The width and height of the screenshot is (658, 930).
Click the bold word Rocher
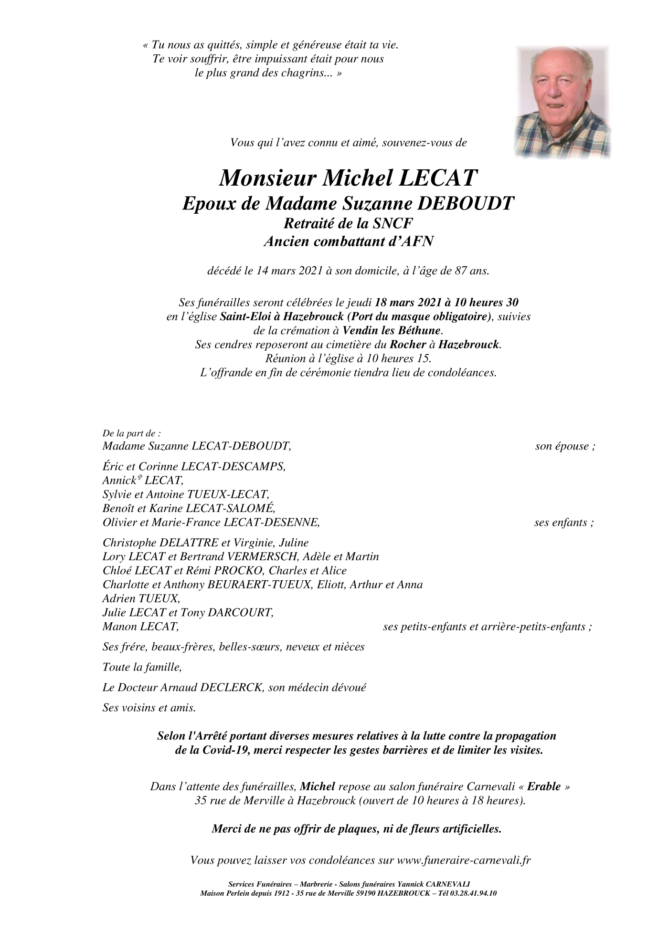click(x=407, y=344)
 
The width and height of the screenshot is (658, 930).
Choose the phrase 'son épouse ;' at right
click(x=565, y=447)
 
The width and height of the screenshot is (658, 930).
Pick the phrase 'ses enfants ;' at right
click(x=564, y=522)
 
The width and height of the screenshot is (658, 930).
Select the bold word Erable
click(x=543, y=786)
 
